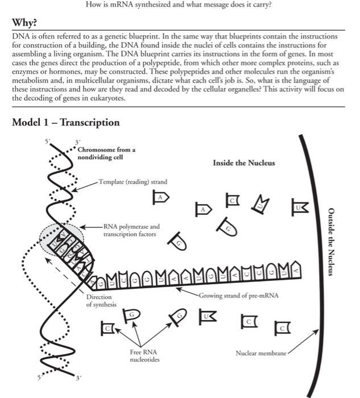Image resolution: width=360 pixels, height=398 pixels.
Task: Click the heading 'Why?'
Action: [24, 23]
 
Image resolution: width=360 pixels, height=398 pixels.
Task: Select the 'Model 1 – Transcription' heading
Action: [66, 122]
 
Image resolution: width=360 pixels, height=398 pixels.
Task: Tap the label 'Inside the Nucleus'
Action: [243, 163]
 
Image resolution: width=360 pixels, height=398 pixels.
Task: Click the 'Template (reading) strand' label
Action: [133, 182]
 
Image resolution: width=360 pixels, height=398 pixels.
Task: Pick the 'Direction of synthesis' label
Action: [101, 300]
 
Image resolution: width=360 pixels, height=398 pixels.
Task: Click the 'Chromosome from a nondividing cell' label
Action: [106, 154]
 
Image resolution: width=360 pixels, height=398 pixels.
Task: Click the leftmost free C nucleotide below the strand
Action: [108, 327]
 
